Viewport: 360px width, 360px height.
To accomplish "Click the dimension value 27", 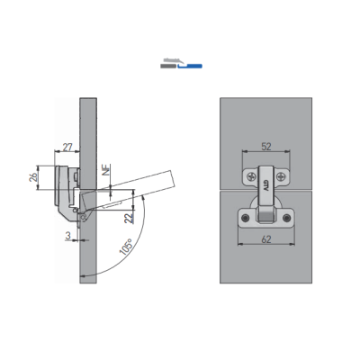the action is click(67, 148).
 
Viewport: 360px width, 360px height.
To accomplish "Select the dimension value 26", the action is click(32, 177).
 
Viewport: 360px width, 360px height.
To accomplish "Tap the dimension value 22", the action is click(129, 217).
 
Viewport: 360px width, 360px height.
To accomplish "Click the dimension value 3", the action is click(68, 236).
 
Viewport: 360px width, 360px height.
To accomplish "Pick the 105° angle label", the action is click(126, 247).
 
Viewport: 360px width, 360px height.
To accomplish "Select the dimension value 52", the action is click(266, 147).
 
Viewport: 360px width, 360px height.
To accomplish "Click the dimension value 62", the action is click(266, 239).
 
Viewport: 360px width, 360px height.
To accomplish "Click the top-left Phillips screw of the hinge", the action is click(251, 176).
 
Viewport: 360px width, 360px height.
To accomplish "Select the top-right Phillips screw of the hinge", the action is click(281, 176).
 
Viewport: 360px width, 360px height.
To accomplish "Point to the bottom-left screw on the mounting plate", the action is click(246, 218).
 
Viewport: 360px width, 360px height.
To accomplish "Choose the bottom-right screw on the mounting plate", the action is click(286, 218).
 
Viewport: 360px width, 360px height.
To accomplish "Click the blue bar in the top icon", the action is click(190, 66).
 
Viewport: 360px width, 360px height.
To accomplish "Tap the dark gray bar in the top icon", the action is click(168, 66).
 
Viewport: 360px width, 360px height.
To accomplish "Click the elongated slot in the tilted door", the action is click(112, 205).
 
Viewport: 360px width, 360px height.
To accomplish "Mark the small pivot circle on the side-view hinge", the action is click(83, 216).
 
